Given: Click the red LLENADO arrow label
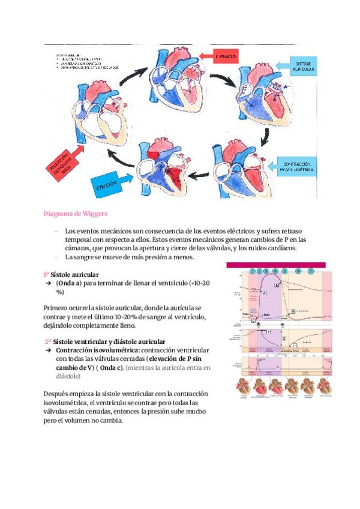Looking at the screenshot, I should [226, 56].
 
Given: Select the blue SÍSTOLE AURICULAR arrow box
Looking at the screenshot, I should [304, 67].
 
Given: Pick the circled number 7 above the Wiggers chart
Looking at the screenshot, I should [311, 271].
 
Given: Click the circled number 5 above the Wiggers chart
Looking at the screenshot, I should [284, 271].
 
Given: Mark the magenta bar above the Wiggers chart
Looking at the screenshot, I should [276, 264].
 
